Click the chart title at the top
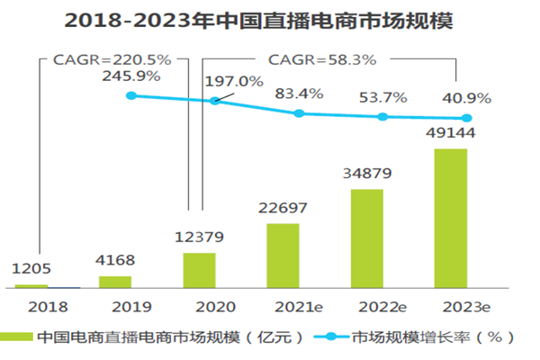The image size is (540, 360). (270, 20)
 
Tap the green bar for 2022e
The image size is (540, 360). (367, 238)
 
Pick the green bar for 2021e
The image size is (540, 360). (283, 256)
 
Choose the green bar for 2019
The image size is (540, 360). (114, 282)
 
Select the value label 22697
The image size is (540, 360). (283, 209)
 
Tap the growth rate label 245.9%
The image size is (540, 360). (131, 76)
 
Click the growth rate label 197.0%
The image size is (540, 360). (235, 81)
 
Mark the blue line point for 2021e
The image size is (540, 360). (300, 113)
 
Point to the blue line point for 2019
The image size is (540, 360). (131, 94)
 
